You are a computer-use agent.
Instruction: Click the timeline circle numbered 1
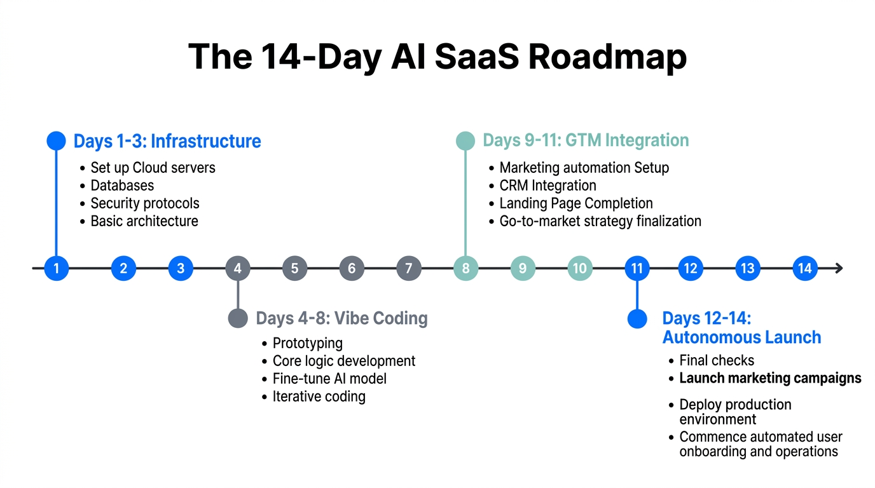click(57, 268)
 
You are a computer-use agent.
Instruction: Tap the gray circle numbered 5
click(294, 268)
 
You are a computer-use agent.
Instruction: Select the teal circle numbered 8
click(465, 268)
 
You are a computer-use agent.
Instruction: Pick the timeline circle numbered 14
click(804, 268)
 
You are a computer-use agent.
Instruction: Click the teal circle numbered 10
click(579, 268)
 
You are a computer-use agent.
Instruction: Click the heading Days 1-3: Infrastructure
click(167, 140)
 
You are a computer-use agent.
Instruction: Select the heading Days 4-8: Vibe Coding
click(341, 318)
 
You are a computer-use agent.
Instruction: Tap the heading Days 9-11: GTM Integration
click(586, 140)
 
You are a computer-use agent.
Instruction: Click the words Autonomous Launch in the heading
click(741, 337)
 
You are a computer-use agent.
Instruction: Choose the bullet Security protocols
click(145, 203)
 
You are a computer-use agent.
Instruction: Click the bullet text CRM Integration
click(548, 186)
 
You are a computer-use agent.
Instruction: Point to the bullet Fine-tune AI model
click(329, 379)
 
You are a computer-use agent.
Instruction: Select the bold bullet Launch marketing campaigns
click(770, 378)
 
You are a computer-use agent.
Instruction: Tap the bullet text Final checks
click(717, 360)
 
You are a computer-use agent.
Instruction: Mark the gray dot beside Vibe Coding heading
click(238, 318)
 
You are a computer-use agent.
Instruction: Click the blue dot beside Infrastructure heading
click(57, 140)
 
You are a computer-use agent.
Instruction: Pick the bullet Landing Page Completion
click(576, 203)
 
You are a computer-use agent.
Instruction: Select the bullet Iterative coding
click(319, 396)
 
